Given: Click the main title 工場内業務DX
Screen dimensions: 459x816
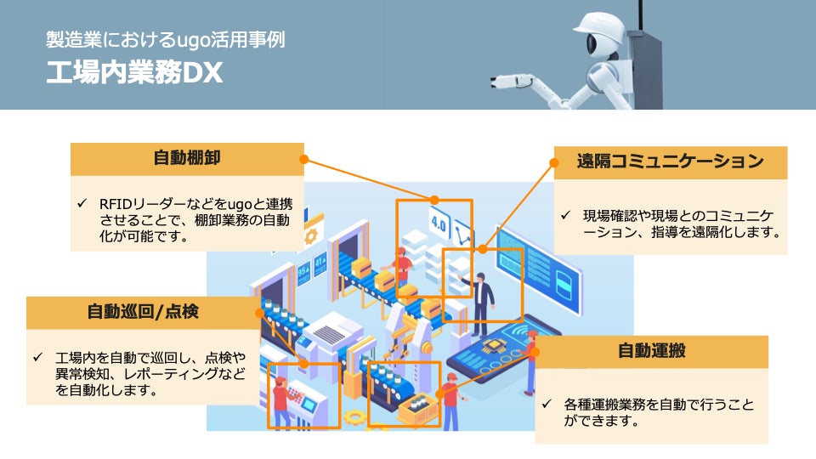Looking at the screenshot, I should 134,73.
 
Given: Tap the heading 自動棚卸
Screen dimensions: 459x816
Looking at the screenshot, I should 187,158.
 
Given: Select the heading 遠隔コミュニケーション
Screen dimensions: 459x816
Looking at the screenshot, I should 670,161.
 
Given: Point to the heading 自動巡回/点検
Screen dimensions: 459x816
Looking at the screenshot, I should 142,312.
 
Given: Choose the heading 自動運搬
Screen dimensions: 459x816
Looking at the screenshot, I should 652,351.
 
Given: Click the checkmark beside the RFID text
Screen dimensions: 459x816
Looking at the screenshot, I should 82,204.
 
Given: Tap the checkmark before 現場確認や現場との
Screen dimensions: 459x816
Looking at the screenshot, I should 565,214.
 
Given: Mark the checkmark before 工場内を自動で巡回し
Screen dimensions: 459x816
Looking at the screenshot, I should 37,356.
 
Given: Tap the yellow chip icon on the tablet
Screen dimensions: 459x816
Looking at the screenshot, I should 490,348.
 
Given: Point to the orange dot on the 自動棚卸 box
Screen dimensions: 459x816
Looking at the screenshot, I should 304,158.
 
